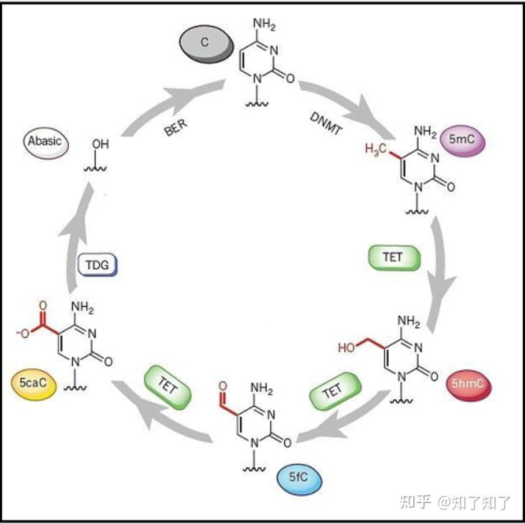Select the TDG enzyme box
click(97, 266)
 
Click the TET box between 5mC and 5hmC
click(393, 258)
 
